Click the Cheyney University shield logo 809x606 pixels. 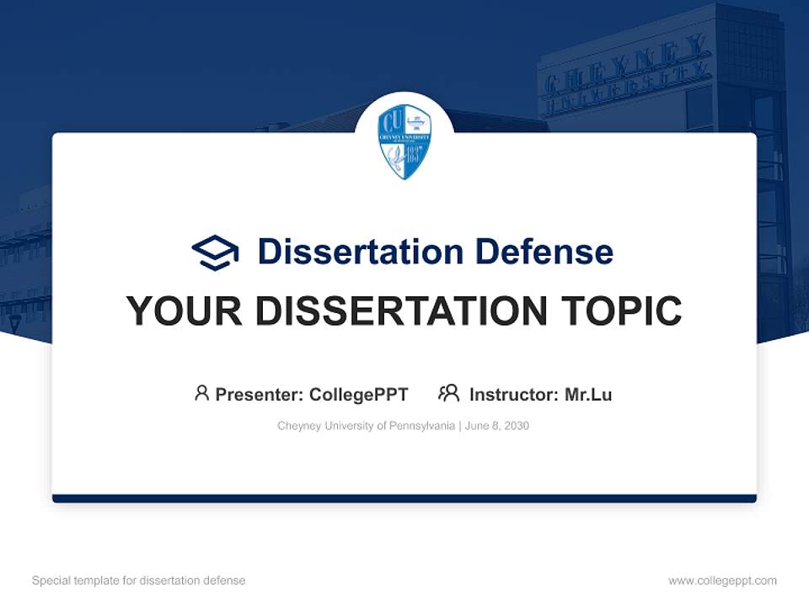[404, 141]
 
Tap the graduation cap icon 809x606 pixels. [215, 252]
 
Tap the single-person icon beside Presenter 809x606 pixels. [201, 393]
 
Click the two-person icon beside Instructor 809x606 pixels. [448, 393]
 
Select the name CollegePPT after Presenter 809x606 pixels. [359, 394]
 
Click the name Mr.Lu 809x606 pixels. [588, 394]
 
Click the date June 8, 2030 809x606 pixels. [497, 426]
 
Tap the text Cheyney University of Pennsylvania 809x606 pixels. [366, 426]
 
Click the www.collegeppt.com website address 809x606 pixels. [722, 581]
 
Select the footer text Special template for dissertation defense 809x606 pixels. [139, 581]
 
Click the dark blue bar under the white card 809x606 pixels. [404, 498]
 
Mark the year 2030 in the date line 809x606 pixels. [517, 426]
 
